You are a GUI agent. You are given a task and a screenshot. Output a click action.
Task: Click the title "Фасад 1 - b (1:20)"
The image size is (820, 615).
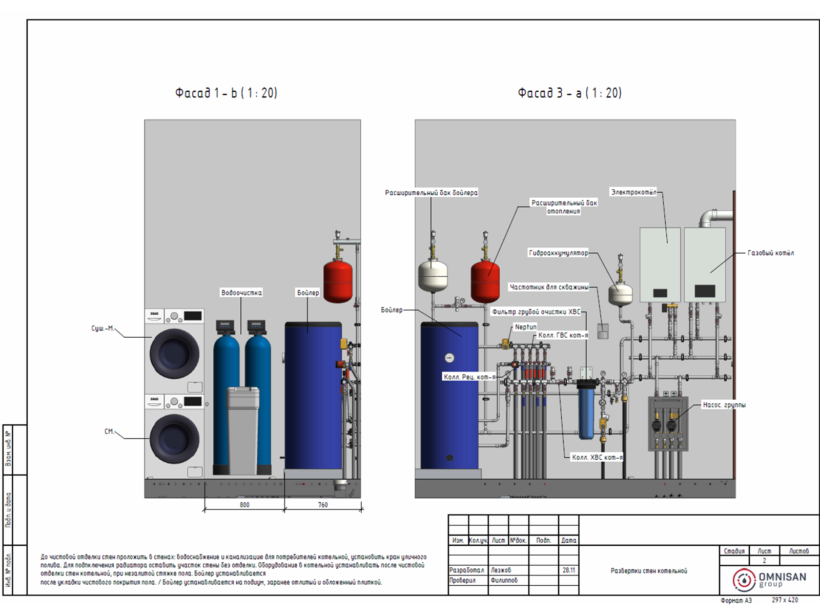[226, 93]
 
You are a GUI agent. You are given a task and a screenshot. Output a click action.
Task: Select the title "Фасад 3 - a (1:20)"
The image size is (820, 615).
[569, 93]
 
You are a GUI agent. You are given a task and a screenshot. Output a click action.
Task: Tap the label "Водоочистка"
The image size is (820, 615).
[241, 293]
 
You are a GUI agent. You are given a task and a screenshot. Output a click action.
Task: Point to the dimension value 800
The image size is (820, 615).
[244, 505]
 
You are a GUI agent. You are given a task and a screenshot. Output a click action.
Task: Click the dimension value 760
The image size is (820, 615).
[323, 505]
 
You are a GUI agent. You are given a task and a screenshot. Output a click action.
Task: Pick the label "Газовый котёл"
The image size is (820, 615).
[770, 253]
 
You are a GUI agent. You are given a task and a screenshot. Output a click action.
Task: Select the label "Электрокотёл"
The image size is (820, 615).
[633, 192]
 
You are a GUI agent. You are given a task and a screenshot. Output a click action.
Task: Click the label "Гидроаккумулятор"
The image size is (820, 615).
[559, 253]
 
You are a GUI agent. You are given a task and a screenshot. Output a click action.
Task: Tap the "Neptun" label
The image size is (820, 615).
[525, 327]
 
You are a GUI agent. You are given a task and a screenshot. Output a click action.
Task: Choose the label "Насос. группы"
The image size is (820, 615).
[724, 405]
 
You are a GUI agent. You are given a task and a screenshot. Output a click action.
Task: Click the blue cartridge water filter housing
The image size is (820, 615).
[586, 410]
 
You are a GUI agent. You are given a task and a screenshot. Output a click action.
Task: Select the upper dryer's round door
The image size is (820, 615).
[174, 354]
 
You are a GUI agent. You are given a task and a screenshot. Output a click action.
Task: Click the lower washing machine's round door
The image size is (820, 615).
[174, 439]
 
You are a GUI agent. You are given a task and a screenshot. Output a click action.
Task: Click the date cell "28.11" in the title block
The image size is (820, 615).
[569, 570]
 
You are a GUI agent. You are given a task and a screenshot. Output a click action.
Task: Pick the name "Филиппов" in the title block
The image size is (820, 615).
[504, 580]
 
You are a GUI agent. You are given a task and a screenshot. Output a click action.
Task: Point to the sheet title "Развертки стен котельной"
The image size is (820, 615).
[649, 571]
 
